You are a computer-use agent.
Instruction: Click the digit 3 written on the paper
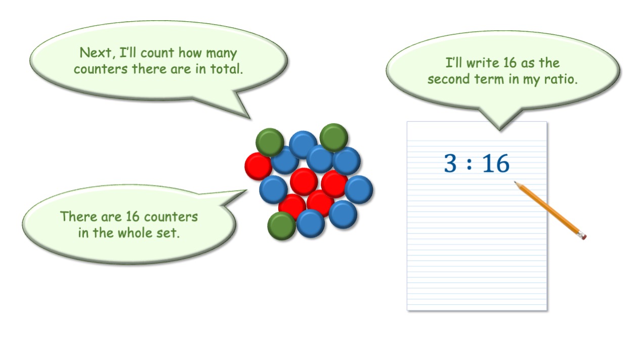click(450, 163)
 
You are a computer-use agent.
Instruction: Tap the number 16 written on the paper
click(496, 163)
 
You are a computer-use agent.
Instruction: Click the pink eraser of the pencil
click(582, 236)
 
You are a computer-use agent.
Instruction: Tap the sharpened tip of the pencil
click(515, 182)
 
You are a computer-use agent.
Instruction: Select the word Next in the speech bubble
click(96, 53)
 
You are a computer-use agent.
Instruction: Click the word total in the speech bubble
click(226, 69)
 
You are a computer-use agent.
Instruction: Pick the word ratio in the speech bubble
click(560, 79)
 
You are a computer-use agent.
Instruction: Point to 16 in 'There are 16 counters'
click(132, 217)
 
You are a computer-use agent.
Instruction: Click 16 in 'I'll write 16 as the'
click(510, 63)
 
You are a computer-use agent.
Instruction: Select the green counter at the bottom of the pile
click(281, 226)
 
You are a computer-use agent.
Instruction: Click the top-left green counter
click(270, 142)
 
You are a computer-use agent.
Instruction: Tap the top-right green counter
click(334, 138)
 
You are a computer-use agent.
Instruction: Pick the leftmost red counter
click(258, 166)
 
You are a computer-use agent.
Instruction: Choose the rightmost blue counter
click(359, 190)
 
